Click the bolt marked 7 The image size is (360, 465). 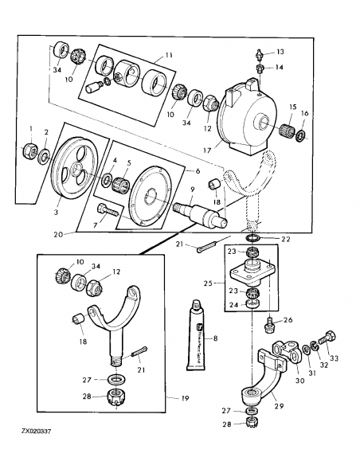point(108,210)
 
